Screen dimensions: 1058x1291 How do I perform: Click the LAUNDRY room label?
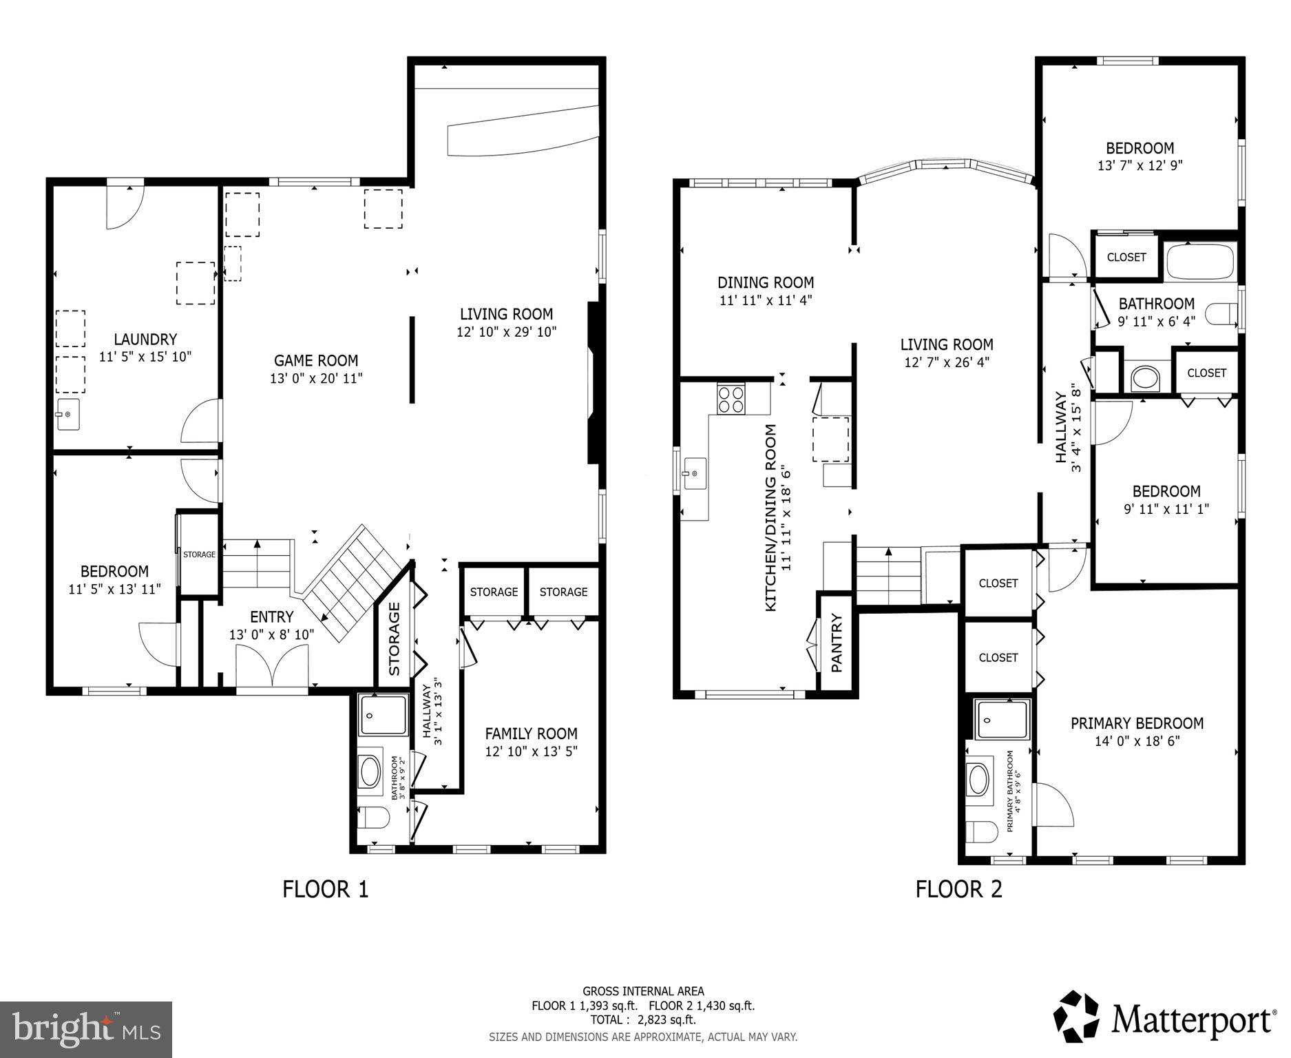pyautogui.click(x=145, y=339)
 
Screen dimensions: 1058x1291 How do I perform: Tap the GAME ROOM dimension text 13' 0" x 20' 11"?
pyautogui.click(x=316, y=378)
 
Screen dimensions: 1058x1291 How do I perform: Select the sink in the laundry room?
pyautogui.click(x=67, y=415)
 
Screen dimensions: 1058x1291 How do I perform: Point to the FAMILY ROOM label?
pyautogui.click(x=531, y=734)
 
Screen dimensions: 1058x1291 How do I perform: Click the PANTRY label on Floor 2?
pyautogui.click(x=837, y=643)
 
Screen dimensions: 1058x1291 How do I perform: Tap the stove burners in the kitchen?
pyautogui.click(x=731, y=399)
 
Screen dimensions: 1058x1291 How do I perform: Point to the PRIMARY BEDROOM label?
pyautogui.click(x=1137, y=723)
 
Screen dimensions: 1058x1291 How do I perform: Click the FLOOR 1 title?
pyautogui.click(x=326, y=889)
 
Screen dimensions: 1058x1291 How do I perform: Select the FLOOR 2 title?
pyautogui.click(x=958, y=889)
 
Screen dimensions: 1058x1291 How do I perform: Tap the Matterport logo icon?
pyautogui.click(x=1078, y=1017)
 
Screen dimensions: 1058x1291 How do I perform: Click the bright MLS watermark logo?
pyautogui.click(x=86, y=1029)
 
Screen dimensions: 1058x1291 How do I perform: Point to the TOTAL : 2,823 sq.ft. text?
pyautogui.click(x=642, y=1020)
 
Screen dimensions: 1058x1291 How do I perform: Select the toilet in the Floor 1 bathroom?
pyautogui.click(x=375, y=819)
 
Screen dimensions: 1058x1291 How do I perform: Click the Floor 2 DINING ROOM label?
pyautogui.click(x=766, y=282)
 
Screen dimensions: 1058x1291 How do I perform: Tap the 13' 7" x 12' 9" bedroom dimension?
pyautogui.click(x=1140, y=166)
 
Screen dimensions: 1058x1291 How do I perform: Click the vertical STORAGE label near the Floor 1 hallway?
pyautogui.click(x=395, y=639)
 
